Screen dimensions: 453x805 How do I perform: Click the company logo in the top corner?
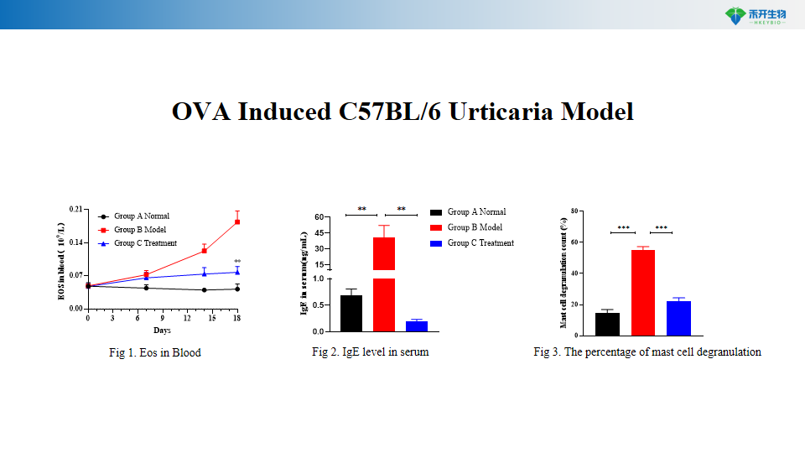[x=754, y=15]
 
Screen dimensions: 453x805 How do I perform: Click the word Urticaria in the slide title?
[x=503, y=112]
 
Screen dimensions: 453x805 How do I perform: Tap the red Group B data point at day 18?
[x=237, y=221]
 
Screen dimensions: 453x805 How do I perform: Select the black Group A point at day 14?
[x=204, y=290]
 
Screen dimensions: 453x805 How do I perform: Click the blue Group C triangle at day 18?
[x=237, y=272]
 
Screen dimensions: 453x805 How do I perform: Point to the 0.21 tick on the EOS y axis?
[x=76, y=210]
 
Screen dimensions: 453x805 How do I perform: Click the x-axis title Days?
[x=162, y=331]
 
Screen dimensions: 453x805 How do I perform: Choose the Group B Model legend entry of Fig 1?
[x=140, y=230]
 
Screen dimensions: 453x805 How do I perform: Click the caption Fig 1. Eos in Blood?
[x=155, y=353]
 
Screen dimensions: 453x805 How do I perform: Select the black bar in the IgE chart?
[x=351, y=313]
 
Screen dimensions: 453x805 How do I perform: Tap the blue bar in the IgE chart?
[x=417, y=326]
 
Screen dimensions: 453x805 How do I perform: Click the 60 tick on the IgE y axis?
[x=319, y=217]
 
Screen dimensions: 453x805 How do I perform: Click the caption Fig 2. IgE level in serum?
[x=370, y=352]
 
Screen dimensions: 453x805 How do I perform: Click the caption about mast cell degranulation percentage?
[x=647, y=352]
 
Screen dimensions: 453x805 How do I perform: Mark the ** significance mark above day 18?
[x=237, y=262]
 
